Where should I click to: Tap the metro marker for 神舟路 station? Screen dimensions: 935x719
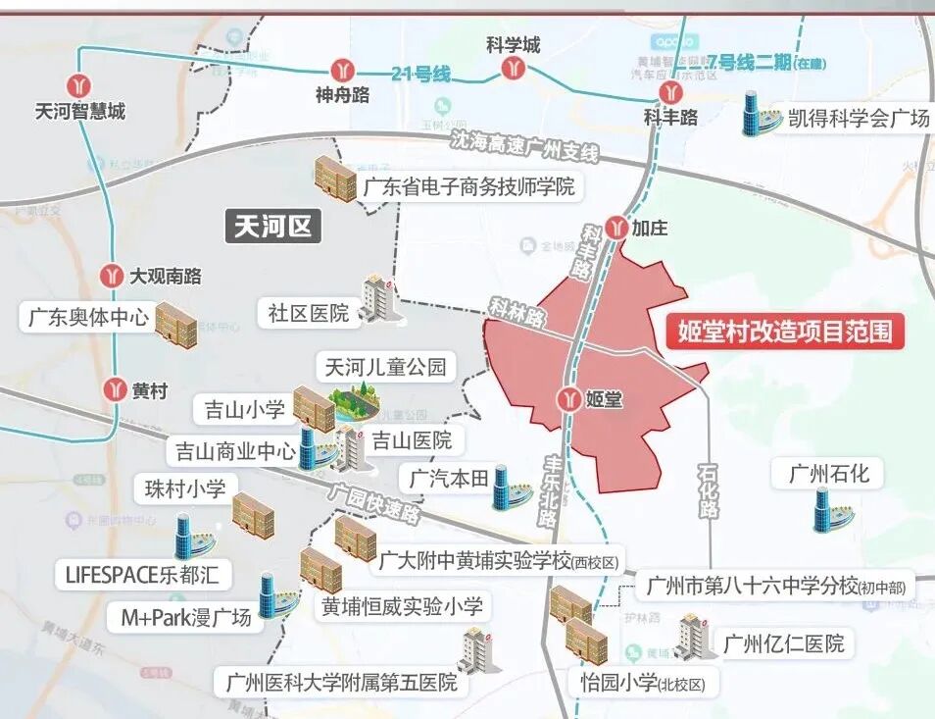[x=342, y=69]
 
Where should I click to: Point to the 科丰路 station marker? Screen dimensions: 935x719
[x=670, y=92]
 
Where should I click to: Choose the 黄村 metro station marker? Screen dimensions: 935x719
[x=116, y=389]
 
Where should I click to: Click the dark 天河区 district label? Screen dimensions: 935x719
[x=273, y=227]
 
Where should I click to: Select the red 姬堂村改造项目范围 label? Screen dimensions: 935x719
[x=784, y=332]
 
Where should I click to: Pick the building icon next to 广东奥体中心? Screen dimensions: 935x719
[x=177, y=325]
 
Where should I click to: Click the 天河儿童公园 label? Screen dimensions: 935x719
[x=385, y=367]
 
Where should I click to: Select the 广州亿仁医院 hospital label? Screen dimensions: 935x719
[x=783, y=644]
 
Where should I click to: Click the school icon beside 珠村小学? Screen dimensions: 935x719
[x=253, y=514]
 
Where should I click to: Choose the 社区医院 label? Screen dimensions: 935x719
[x=308, y=313]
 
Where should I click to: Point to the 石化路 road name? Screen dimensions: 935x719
[x=708, y=490]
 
